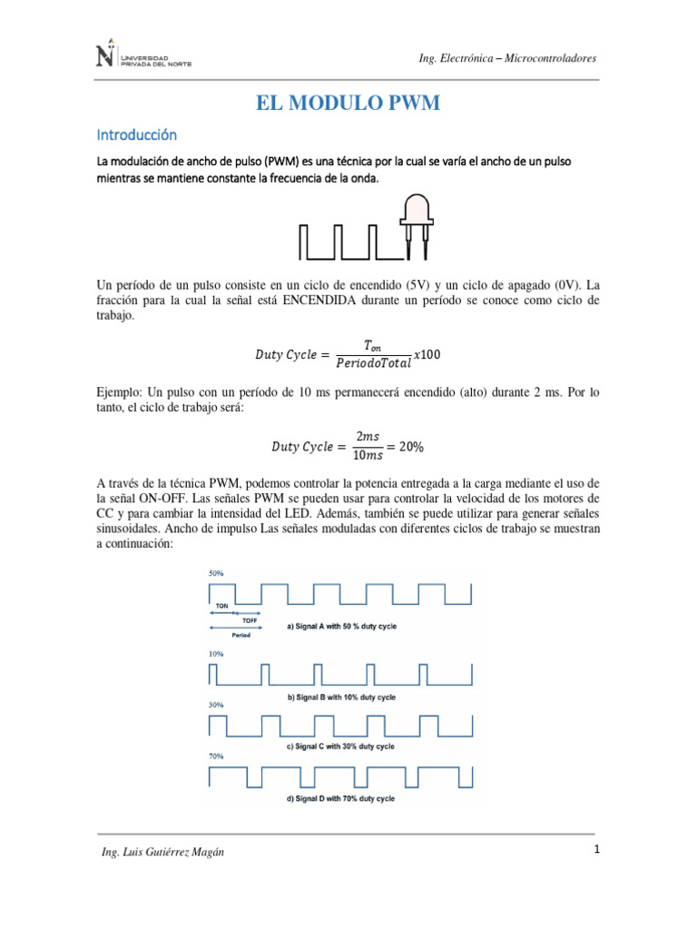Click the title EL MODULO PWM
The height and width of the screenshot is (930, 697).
point(348,104)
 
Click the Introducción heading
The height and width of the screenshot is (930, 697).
point(136,134)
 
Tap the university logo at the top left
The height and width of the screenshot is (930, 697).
point(143,57)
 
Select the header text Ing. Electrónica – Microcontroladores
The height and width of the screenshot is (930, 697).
point(507,58)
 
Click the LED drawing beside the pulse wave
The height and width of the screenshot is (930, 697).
point(416,222)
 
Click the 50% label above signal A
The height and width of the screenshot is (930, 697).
point(216,574)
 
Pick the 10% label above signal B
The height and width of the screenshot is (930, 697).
point(216,653)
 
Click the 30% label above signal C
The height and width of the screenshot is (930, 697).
point(216,705)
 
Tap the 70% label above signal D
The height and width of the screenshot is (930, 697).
point(216,756)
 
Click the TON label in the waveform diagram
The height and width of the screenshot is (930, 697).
point(221,604)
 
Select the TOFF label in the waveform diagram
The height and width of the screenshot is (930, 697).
point(250,619)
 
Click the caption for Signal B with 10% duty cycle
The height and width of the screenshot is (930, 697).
point(341,697)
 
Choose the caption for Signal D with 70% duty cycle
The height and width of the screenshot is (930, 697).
point(341,798)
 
